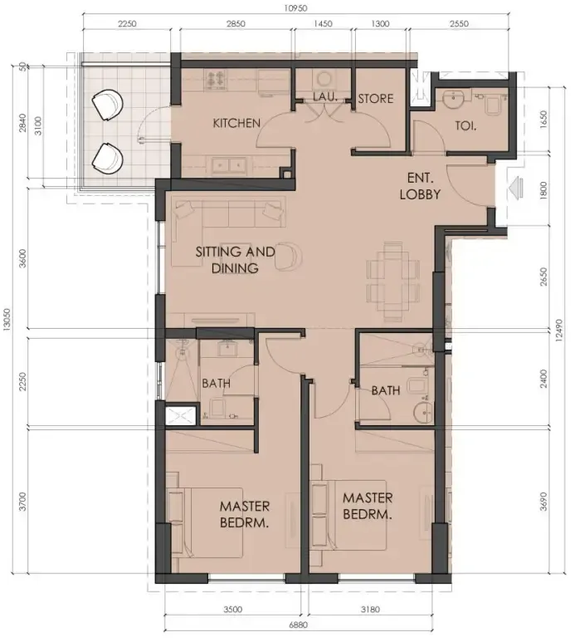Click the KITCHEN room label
point(236,123)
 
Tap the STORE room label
point(375,99)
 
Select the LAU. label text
point(324,98)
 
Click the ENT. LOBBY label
point(422,187)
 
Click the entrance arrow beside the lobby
point(515,189)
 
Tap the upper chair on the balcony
point(109,105)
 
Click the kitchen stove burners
point(217,79)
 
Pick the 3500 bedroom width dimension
point(233,610)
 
